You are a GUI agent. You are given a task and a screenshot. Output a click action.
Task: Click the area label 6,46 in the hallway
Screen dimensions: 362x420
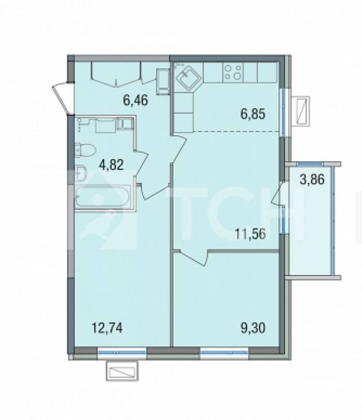point(135,100)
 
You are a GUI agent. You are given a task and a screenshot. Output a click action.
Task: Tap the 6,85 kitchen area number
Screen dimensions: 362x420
point(253,114)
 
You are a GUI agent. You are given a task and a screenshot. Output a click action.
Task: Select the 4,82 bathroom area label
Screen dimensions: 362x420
point(111,165)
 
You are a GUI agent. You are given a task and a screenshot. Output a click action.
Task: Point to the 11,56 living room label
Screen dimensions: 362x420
point(250,234)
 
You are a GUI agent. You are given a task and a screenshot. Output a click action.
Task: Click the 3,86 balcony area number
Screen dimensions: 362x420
point(312,179)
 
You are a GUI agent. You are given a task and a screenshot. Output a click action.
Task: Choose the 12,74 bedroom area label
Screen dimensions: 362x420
point(107,328)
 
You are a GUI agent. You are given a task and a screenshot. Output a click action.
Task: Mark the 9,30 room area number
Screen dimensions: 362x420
point(253,328)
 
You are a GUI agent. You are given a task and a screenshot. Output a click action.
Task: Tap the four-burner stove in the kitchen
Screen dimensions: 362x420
point(233,72)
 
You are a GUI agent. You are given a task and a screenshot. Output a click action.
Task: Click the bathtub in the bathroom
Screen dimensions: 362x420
point(103,197)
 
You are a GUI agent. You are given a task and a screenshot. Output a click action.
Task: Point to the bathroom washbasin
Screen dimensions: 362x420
point(80,173)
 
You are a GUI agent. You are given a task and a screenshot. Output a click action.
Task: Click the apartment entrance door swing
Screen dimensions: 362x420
point(62,98)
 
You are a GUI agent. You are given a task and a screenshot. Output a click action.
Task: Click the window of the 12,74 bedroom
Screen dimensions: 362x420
point(122,351)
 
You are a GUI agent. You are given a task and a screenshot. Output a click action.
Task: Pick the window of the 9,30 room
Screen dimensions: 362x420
point(224,351)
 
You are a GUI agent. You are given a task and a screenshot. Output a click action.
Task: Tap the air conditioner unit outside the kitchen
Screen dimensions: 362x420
point(303,111)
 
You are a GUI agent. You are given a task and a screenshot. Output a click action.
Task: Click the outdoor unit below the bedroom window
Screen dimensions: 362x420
point(122,371)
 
